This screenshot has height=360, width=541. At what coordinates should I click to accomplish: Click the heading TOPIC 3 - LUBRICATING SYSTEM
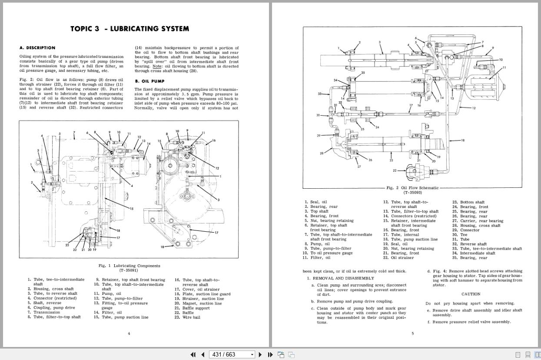coord(129,29)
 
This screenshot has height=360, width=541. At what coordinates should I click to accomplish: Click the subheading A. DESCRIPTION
coord(37,48)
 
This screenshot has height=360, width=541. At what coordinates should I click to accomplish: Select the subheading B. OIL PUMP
coord(150,81)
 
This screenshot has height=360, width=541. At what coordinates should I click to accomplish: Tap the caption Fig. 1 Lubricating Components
coord(129,266)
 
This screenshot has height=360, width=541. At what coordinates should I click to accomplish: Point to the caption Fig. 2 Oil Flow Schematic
coord(412,188)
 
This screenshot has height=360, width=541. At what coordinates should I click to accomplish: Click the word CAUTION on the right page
coord(471,294)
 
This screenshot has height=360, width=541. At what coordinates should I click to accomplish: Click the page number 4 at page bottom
coord(129,333)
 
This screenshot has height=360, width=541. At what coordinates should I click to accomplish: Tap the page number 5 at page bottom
coord(412,333)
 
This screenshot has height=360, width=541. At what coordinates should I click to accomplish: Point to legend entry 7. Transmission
coord(46,312)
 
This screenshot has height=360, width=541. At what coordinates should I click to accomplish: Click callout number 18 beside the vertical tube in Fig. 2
coord(462,140)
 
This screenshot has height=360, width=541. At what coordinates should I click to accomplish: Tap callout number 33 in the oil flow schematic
coord(320,94)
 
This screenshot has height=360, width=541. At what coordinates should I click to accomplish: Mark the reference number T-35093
coord(412,193)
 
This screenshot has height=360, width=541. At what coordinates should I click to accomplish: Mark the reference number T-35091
coord(129,270)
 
